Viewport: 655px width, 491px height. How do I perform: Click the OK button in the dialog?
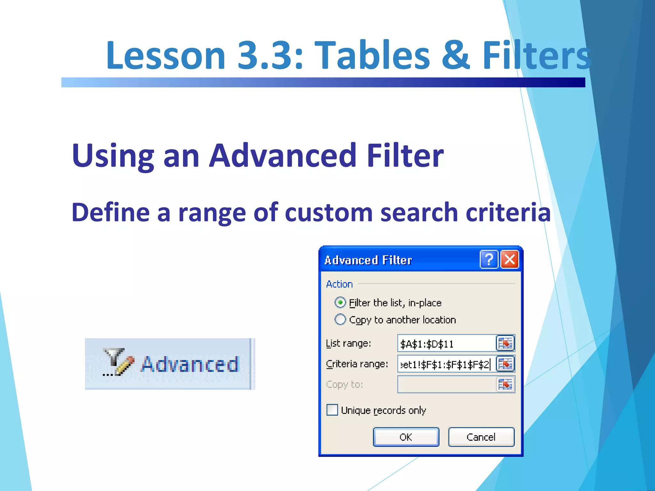click(406, 437)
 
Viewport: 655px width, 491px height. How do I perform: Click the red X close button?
click(509, 259)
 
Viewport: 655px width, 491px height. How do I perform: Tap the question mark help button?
click(489, 259)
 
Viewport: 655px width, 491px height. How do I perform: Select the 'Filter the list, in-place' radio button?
click(340, 302)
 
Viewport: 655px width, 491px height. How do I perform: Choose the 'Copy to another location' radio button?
click(340, 319)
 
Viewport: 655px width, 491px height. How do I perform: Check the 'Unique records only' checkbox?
click(332, 410)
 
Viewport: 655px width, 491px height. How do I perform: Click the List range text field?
click(446, 344)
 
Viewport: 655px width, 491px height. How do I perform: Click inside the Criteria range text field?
click(446, 364)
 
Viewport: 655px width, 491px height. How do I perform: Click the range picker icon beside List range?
click(505, 344)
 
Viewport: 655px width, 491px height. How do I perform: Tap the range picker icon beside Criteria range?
click(505, 364)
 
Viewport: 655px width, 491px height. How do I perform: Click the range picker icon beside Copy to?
click(505, 385)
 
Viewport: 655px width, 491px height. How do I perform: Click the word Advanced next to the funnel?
click(190, 364)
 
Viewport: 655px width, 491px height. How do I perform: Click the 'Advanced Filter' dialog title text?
click(368, 260)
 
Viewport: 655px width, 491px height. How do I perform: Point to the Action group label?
click(339, 284)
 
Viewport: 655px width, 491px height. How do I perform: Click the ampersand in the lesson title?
click(455, 55)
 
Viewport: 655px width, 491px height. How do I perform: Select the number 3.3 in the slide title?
click(270, 55)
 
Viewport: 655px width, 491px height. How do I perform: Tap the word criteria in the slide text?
click(508, 212)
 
